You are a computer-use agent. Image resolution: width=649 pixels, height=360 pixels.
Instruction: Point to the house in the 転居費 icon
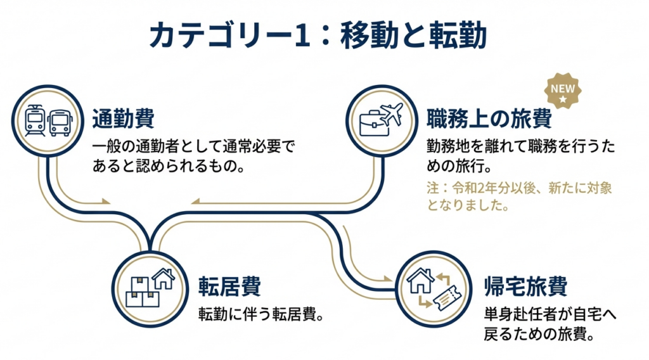pos(164,279)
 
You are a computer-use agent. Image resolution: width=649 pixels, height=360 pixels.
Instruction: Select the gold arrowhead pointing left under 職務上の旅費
pos(195,203)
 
